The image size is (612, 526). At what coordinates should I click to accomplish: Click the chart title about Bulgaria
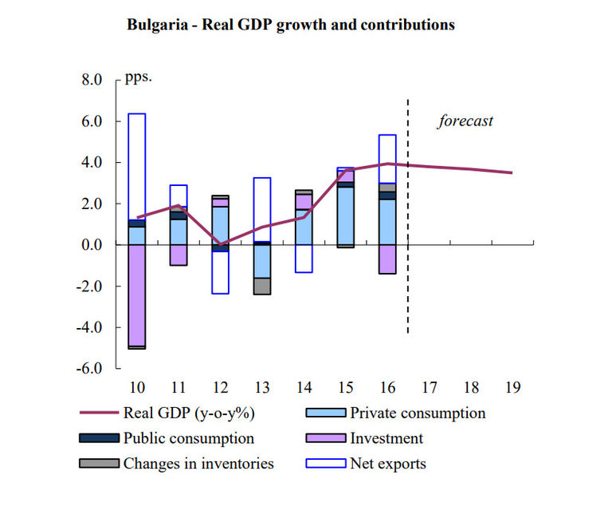[291, 25]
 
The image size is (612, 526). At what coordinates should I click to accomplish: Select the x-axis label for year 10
[137, 389]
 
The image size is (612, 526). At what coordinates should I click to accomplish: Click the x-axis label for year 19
[513, 389]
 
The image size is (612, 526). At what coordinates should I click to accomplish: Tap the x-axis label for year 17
[430, 389]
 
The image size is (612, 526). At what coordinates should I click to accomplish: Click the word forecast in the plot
[465, 121]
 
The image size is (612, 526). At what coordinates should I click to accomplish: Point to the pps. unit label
[138, 78]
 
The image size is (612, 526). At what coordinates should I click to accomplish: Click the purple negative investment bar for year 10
[137, 295]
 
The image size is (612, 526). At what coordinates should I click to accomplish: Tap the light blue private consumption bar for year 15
[345, 216]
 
